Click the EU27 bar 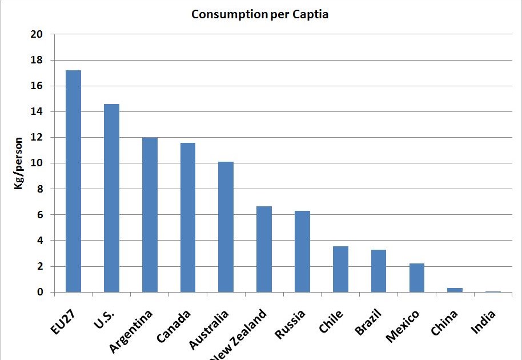(73, 181)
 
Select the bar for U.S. (111, 198)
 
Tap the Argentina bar (150, 215)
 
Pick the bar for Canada (188, 218)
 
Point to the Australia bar (226, 227)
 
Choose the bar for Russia (302, 251)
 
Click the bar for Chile (340, 269)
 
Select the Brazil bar (379, 271)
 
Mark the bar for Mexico (417, 278)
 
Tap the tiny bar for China (455, 290)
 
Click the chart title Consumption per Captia (260, 14)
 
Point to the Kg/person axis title (19, 163)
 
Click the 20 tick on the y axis (37, 34)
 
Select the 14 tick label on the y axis (37, 111)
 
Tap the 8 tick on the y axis (40, 189)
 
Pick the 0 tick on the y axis (40, 292)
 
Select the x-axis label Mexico (403, 326)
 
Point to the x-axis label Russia (291, 324)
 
